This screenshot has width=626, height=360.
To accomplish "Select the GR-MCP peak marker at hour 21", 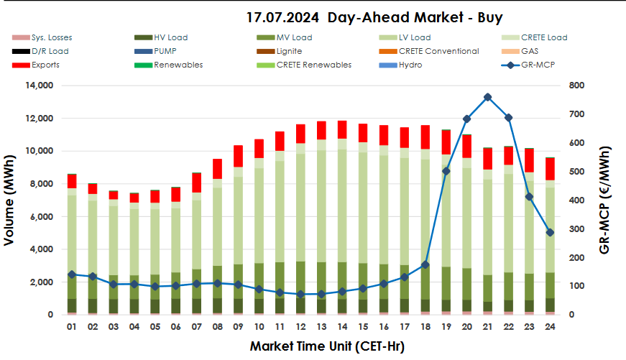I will point(487,97).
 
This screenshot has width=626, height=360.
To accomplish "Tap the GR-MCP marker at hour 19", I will point(446,171).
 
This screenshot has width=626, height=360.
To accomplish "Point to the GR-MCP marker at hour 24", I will point(550,233).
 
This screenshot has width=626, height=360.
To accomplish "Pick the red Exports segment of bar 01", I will point(71,181).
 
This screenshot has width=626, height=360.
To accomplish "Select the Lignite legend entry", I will point(288,51).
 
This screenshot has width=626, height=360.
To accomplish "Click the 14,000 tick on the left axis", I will point(38,86).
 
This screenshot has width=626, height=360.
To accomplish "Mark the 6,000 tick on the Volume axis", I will point(41,217).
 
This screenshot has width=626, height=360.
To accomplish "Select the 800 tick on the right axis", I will point(576,86).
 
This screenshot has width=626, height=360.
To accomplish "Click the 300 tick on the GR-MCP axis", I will point(576,229).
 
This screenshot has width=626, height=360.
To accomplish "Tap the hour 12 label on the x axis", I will point(300,327).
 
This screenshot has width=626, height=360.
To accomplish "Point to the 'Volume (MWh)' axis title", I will point(10,200).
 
